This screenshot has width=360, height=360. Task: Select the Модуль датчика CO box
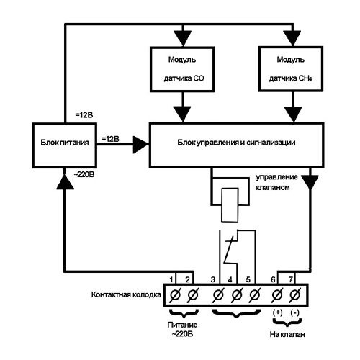click(x=183, y=69)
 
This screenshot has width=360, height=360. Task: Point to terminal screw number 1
click(x=175, y=296)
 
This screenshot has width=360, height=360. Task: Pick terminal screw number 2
click(x=193, y=296)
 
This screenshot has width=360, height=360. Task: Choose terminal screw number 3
click(x=217, y=296)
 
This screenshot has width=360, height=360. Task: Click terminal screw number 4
click(x=236, y=296)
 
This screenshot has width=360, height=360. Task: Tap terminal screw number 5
click(x=255, y=296)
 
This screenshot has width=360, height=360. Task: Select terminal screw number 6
click(x=277, y=296)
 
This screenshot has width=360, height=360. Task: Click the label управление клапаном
click(x=276, y=183)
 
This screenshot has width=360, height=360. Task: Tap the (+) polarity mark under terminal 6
click(x=278, y=312)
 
